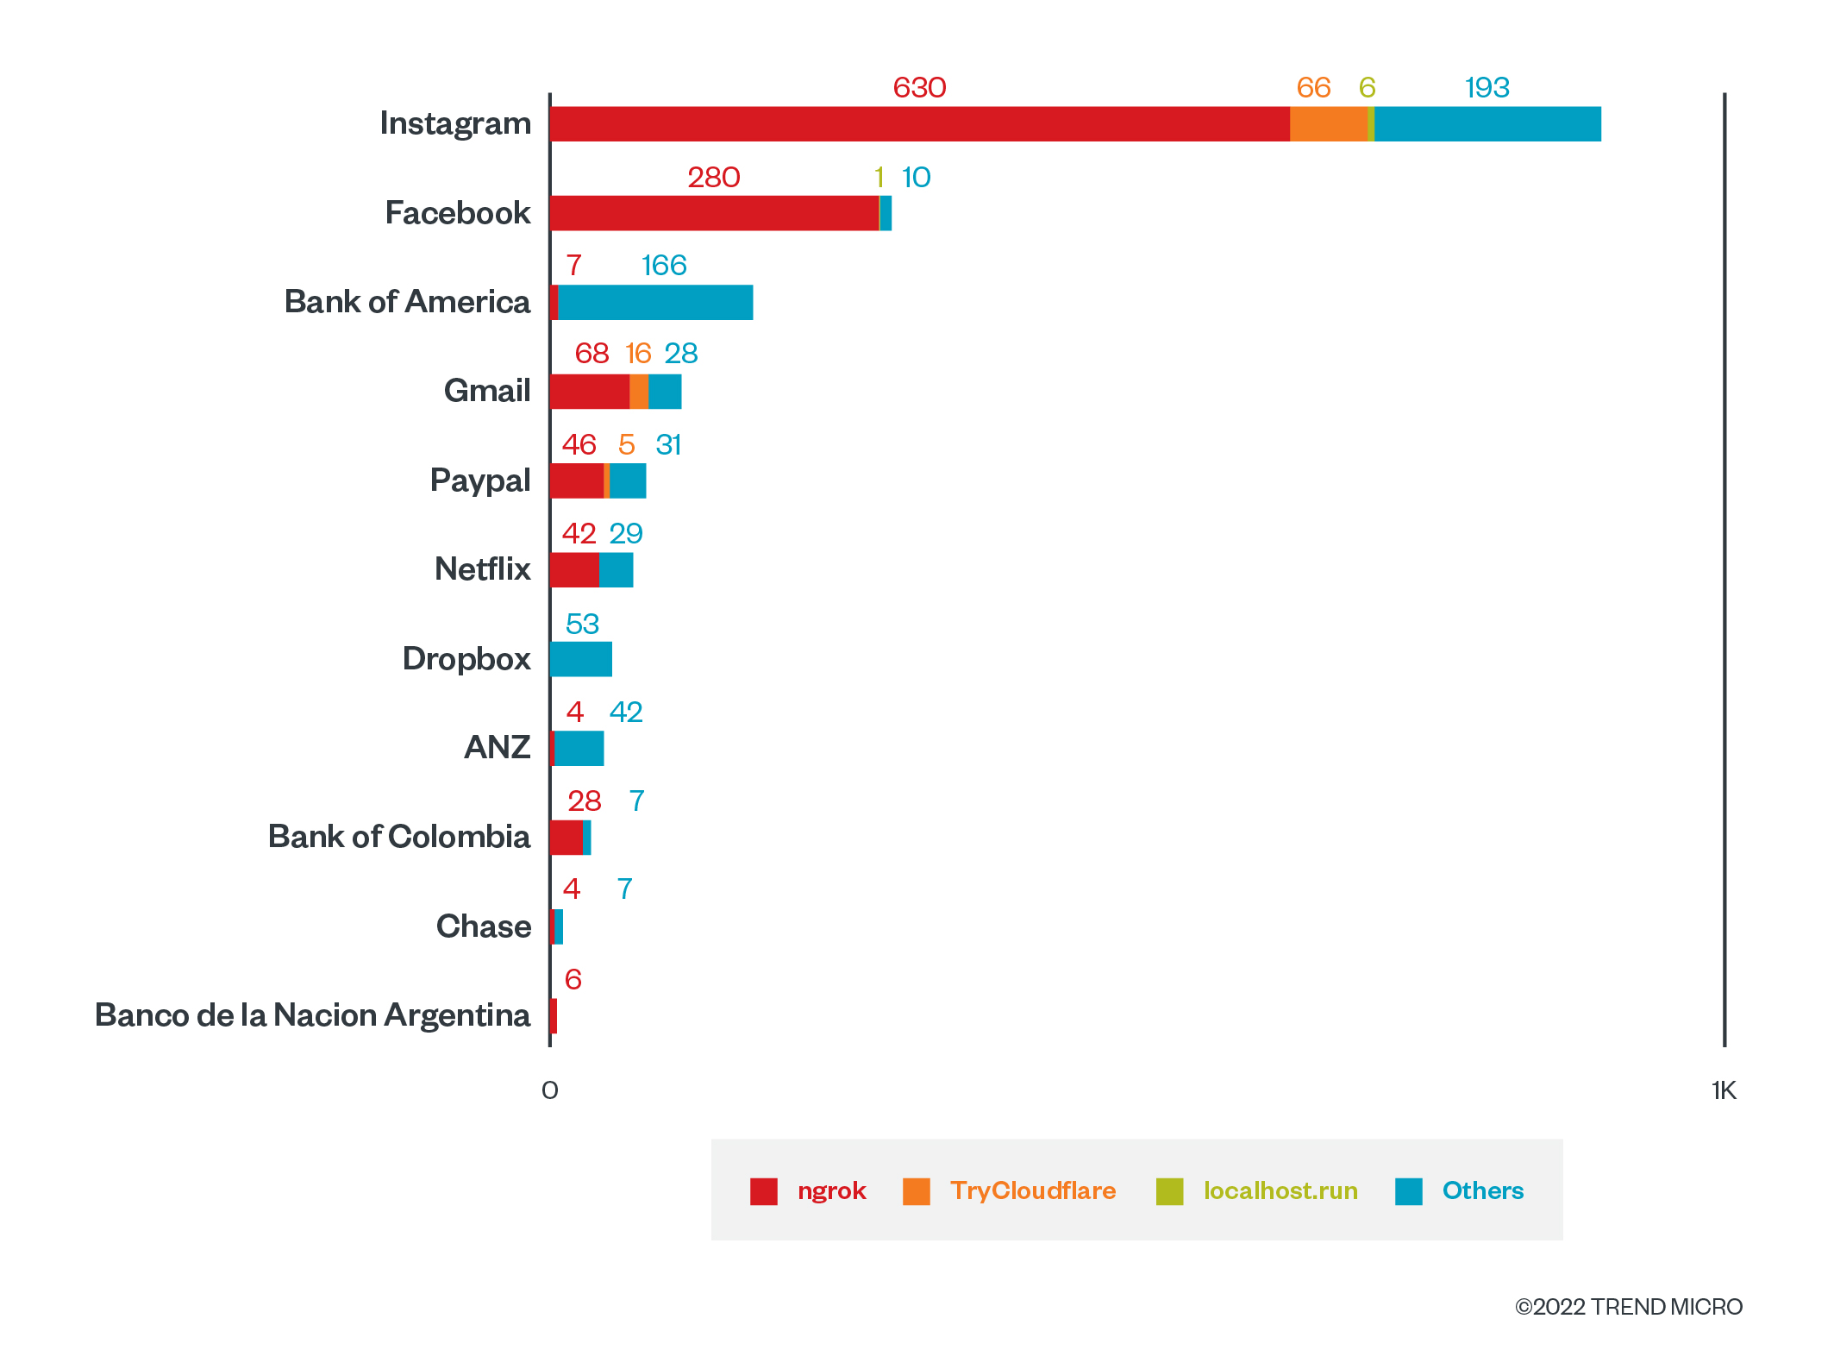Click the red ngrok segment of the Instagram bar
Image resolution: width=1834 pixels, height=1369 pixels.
919,124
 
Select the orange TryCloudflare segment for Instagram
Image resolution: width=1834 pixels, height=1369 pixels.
1328,124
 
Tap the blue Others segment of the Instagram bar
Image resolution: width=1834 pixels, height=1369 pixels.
1487,124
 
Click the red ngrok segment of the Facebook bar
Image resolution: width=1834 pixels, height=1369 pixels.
714,213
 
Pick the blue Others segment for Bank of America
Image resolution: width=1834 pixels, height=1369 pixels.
655,303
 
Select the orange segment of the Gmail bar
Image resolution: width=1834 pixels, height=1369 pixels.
638,392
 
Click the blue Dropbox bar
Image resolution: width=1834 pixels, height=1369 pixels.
581,659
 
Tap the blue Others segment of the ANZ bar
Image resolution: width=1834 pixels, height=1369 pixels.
579,749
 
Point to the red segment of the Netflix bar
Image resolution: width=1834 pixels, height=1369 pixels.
574,570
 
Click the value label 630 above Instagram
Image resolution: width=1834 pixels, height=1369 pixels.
919,87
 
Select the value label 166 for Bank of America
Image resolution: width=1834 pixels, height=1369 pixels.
664,265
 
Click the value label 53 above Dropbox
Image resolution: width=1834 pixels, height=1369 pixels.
582,624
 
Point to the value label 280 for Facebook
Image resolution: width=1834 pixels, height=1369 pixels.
714,177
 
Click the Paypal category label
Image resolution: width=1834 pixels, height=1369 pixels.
479,480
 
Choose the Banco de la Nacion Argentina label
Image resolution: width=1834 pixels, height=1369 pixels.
312,1015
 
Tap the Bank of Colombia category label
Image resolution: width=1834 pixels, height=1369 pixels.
398,837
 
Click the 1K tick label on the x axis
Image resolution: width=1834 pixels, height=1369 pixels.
1724,1090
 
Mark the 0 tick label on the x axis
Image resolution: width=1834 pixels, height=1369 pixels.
549,1090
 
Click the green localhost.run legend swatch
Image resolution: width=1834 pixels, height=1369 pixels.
1169,1191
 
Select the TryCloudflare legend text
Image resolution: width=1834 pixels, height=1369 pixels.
1033,1191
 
